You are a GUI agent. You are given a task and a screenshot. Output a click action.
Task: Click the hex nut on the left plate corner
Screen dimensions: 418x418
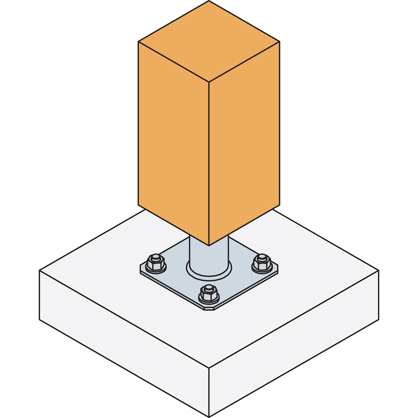156,262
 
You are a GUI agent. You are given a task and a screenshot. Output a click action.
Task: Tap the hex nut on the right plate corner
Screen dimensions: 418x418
262,262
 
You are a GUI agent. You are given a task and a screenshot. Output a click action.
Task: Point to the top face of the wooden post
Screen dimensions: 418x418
209,41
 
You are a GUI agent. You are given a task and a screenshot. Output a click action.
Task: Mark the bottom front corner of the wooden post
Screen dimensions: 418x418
209,246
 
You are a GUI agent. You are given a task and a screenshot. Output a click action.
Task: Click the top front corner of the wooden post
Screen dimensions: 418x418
209,82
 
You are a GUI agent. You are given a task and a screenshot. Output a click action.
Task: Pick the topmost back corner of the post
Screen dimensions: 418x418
209,1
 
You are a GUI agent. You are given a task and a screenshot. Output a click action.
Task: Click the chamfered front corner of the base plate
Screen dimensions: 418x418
209,309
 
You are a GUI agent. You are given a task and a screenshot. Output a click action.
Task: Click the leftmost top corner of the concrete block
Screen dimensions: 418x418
40,271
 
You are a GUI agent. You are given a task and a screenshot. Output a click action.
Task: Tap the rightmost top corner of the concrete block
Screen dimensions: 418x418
378,270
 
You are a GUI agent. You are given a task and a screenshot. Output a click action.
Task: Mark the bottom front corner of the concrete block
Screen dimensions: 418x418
209,417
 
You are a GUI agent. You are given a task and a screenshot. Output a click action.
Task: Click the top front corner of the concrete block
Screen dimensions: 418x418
209,368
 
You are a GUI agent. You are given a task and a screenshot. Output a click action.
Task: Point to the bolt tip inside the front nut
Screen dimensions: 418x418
209,287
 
